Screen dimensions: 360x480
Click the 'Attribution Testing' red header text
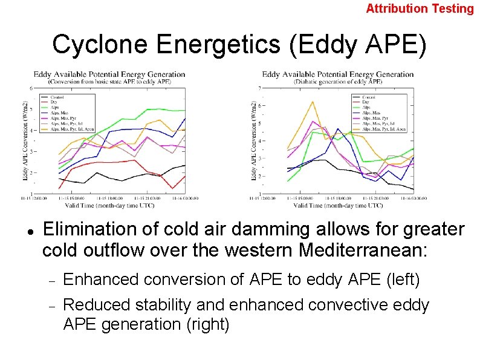420,8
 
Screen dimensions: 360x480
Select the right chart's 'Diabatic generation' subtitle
338,81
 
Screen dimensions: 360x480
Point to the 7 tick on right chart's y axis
259,88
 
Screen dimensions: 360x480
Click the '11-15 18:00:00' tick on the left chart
115,198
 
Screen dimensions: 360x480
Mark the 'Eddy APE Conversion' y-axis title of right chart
253,141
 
